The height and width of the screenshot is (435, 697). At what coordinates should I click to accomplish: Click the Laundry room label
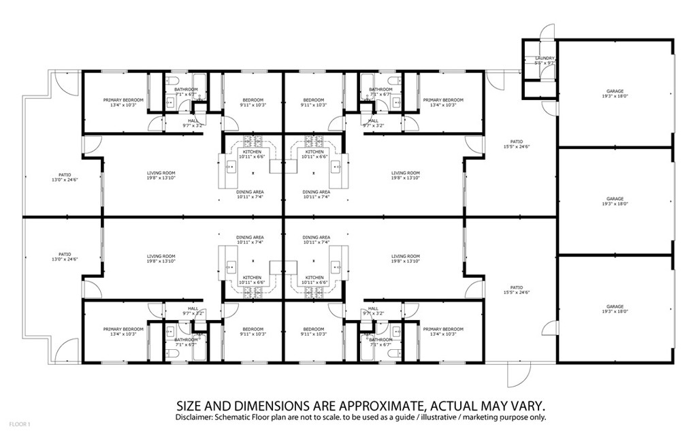click(545, 59)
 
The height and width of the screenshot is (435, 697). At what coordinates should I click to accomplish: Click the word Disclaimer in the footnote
click(195, 417)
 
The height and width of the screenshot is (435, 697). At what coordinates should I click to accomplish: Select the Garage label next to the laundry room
click(615, 94)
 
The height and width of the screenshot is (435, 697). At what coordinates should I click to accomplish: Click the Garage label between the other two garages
click(615, 201)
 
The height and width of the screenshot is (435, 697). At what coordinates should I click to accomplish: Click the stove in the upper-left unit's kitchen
click(253, 142)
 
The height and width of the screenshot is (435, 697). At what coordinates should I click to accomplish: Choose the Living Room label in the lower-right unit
click(405, 259)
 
